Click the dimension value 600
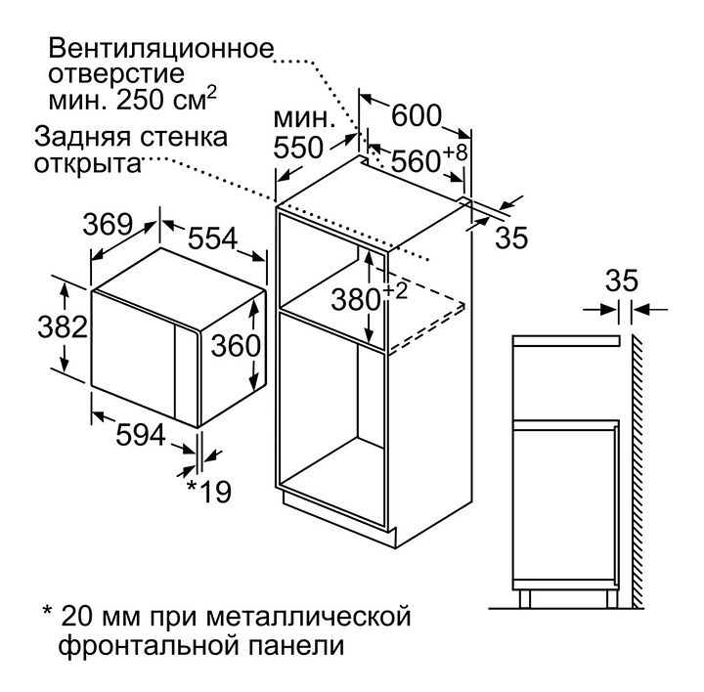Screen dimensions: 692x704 [x=418, y=114]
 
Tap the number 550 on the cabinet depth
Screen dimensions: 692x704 [x=296, y=148]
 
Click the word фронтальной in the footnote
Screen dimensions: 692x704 [x=136, y=645]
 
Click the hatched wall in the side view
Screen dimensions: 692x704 [x=636, y=469]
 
